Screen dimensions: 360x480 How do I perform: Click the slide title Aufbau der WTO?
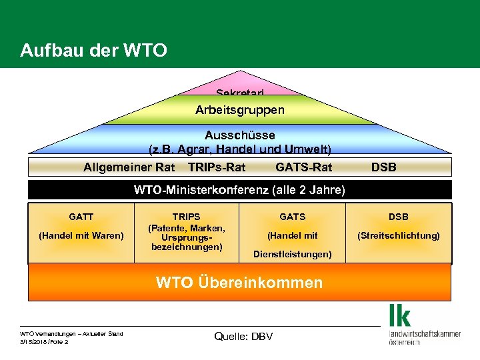93,50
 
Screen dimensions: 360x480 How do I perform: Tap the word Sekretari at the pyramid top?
239,93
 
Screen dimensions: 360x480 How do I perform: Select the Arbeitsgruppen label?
239,109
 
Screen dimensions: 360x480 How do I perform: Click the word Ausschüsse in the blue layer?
239,135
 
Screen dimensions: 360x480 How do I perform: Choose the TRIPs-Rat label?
217,167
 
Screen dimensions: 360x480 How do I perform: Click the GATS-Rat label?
303,167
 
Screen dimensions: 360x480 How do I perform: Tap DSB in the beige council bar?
383,167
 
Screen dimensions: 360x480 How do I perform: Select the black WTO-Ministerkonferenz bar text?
239,190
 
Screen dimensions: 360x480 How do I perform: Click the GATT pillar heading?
81,217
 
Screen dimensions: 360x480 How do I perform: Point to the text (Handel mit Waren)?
81,235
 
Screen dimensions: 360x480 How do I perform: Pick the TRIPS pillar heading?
186,217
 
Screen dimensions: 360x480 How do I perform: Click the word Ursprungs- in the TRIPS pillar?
186,237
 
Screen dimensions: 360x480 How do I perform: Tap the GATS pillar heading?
292,217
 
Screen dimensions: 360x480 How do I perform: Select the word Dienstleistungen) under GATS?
292,254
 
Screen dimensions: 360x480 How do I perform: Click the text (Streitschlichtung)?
399,235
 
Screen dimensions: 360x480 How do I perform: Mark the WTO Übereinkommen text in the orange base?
239,282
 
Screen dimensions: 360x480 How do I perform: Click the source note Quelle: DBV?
243,336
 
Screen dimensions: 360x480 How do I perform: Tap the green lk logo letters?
400,315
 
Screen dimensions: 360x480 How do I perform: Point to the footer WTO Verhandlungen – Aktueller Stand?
71,333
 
